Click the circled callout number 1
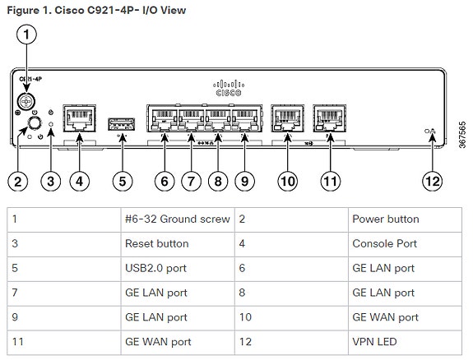(26, 35)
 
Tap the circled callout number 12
(432, 181)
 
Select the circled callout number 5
(123, 181)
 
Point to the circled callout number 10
(287, 181)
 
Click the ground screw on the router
(26, 101)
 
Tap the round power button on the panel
(34, 123)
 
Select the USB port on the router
(121, 124)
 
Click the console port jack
(79, 118)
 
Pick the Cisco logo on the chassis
(229, 88)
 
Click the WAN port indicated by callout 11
(330, 118)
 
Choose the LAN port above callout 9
(244, 118)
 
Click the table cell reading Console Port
(405, 244)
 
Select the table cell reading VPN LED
(405, 342)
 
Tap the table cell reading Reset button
(178, 244)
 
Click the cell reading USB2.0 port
(178, 269)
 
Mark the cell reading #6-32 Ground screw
(178, 219)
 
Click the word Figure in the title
(23, 11)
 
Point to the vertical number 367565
(461, 135)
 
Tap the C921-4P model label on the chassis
(30, 79)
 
